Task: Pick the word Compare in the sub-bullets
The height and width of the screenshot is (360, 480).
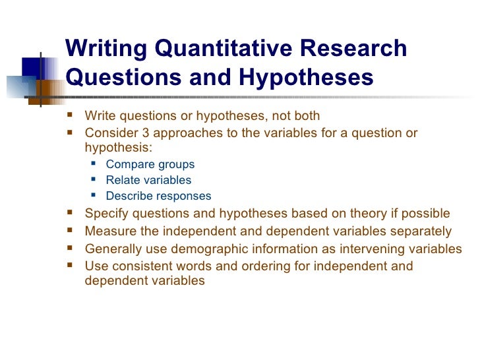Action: coord(127,165)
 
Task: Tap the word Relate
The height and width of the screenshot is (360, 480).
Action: coord(122,180)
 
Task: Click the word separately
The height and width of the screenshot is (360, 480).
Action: coord(424,231)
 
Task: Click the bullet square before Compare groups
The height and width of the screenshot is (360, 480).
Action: coord(92,165)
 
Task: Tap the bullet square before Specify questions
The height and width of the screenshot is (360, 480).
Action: coord(71,214)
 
